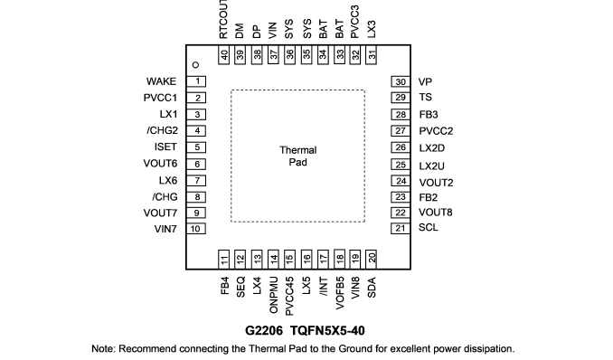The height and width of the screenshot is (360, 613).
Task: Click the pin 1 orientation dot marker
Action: [x=196, y=64]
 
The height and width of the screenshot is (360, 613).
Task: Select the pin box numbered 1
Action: [x=196, y=81]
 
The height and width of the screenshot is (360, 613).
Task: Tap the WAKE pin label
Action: [x=161, y=81]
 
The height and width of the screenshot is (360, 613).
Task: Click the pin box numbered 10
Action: [x=196, y=229]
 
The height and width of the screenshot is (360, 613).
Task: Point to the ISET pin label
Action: [x=165, y=147]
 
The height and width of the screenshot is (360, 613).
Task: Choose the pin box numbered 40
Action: [x=223, y=55]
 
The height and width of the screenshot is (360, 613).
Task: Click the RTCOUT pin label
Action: [x=223, y=19]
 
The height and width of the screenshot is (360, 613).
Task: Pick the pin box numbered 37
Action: [x=273, y=55]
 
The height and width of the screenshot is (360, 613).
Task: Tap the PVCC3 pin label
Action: [x=354, y=22]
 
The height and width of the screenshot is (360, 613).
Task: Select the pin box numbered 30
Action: [x=401, y=81]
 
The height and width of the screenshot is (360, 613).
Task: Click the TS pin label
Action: [x=425, y=97]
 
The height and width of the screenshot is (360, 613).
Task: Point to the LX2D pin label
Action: [x=432, y=148]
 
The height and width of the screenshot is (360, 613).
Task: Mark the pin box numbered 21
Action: [x=401, y=228]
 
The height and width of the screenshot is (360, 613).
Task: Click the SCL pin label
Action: [x=428, y=227]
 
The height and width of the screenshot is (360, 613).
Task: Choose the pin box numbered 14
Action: [x=273, y=259]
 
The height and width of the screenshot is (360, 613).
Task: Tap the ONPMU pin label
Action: [x=273, y=295]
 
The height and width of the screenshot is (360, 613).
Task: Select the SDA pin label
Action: [x=372, y=288]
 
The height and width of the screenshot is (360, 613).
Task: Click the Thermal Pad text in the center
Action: [x=297, y=156]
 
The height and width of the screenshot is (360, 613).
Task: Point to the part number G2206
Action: [x=264, y=331]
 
